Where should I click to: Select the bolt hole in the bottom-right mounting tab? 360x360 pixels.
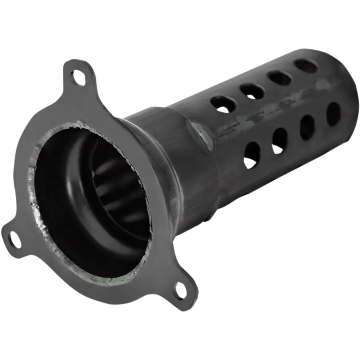click(x=179, y=290)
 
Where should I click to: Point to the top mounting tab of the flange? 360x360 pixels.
click(x=78, y=74)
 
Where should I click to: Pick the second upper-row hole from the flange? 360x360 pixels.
click(x=252, y=91)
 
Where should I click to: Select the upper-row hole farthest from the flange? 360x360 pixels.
click(x=306, y=66)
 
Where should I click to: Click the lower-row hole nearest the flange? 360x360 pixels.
click(x=252, y=155)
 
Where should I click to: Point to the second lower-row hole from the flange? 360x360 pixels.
click(x=280, y=140)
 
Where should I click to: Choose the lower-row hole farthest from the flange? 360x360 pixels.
click(x=333, y=114)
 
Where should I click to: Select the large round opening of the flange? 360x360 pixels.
click(x=90, y=202)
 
